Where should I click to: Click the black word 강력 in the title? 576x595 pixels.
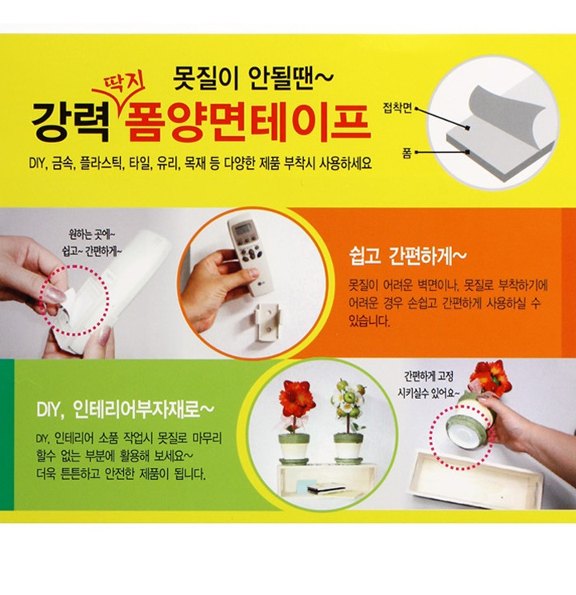pos(70,122)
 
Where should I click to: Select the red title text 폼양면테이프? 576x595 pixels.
pos(247,122)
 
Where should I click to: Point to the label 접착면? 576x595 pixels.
pos(397,108)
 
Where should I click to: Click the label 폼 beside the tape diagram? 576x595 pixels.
pos(406,153)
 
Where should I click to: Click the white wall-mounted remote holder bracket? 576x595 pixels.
pos(269,321)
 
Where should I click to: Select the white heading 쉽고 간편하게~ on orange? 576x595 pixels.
pos(407,257)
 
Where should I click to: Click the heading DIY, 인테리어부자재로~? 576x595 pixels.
pos(126,409)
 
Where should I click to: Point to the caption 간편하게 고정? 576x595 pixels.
pos(428,377)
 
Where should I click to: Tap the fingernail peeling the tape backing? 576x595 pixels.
pos(53,294)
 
